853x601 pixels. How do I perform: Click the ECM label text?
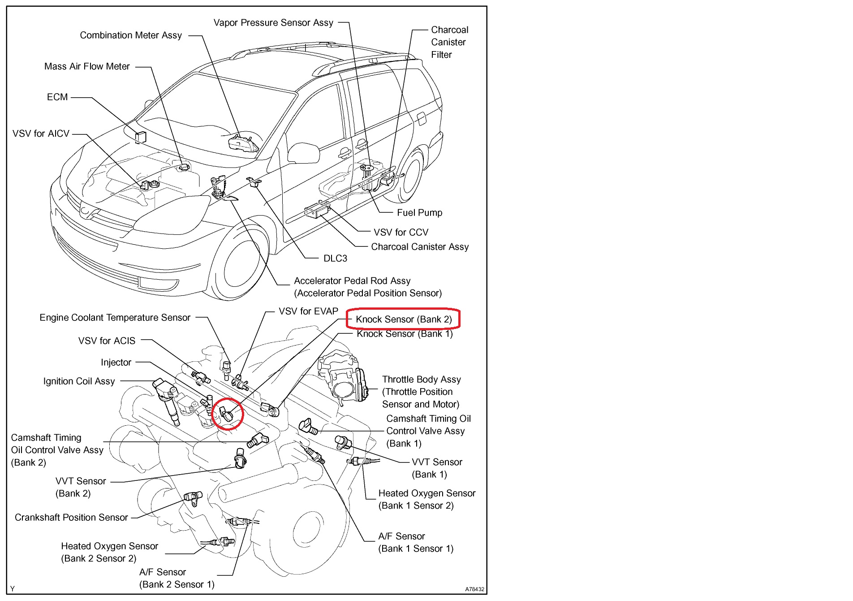point(57,97)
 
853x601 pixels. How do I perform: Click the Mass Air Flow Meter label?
point(87,67)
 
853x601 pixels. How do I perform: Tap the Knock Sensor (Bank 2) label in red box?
point(403,320)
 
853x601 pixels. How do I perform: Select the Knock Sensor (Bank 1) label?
point(405,334)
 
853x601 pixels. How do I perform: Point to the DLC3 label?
point(335,259)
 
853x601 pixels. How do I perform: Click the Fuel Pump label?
point(419,213)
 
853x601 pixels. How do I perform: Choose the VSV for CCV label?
point(401,233)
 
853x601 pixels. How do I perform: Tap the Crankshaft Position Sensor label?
point(71,518)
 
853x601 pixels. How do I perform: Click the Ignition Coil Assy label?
point(79,381)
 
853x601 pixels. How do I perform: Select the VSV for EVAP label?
point(308,311)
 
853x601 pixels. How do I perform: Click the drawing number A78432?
point(474,589)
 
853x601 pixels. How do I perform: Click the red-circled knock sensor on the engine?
point(227,414)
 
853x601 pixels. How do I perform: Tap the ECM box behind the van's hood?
point(141,137)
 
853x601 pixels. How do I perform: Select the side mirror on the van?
point(303,152)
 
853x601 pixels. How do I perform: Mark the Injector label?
point(116,363)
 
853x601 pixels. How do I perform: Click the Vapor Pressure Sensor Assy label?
point(273,23)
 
